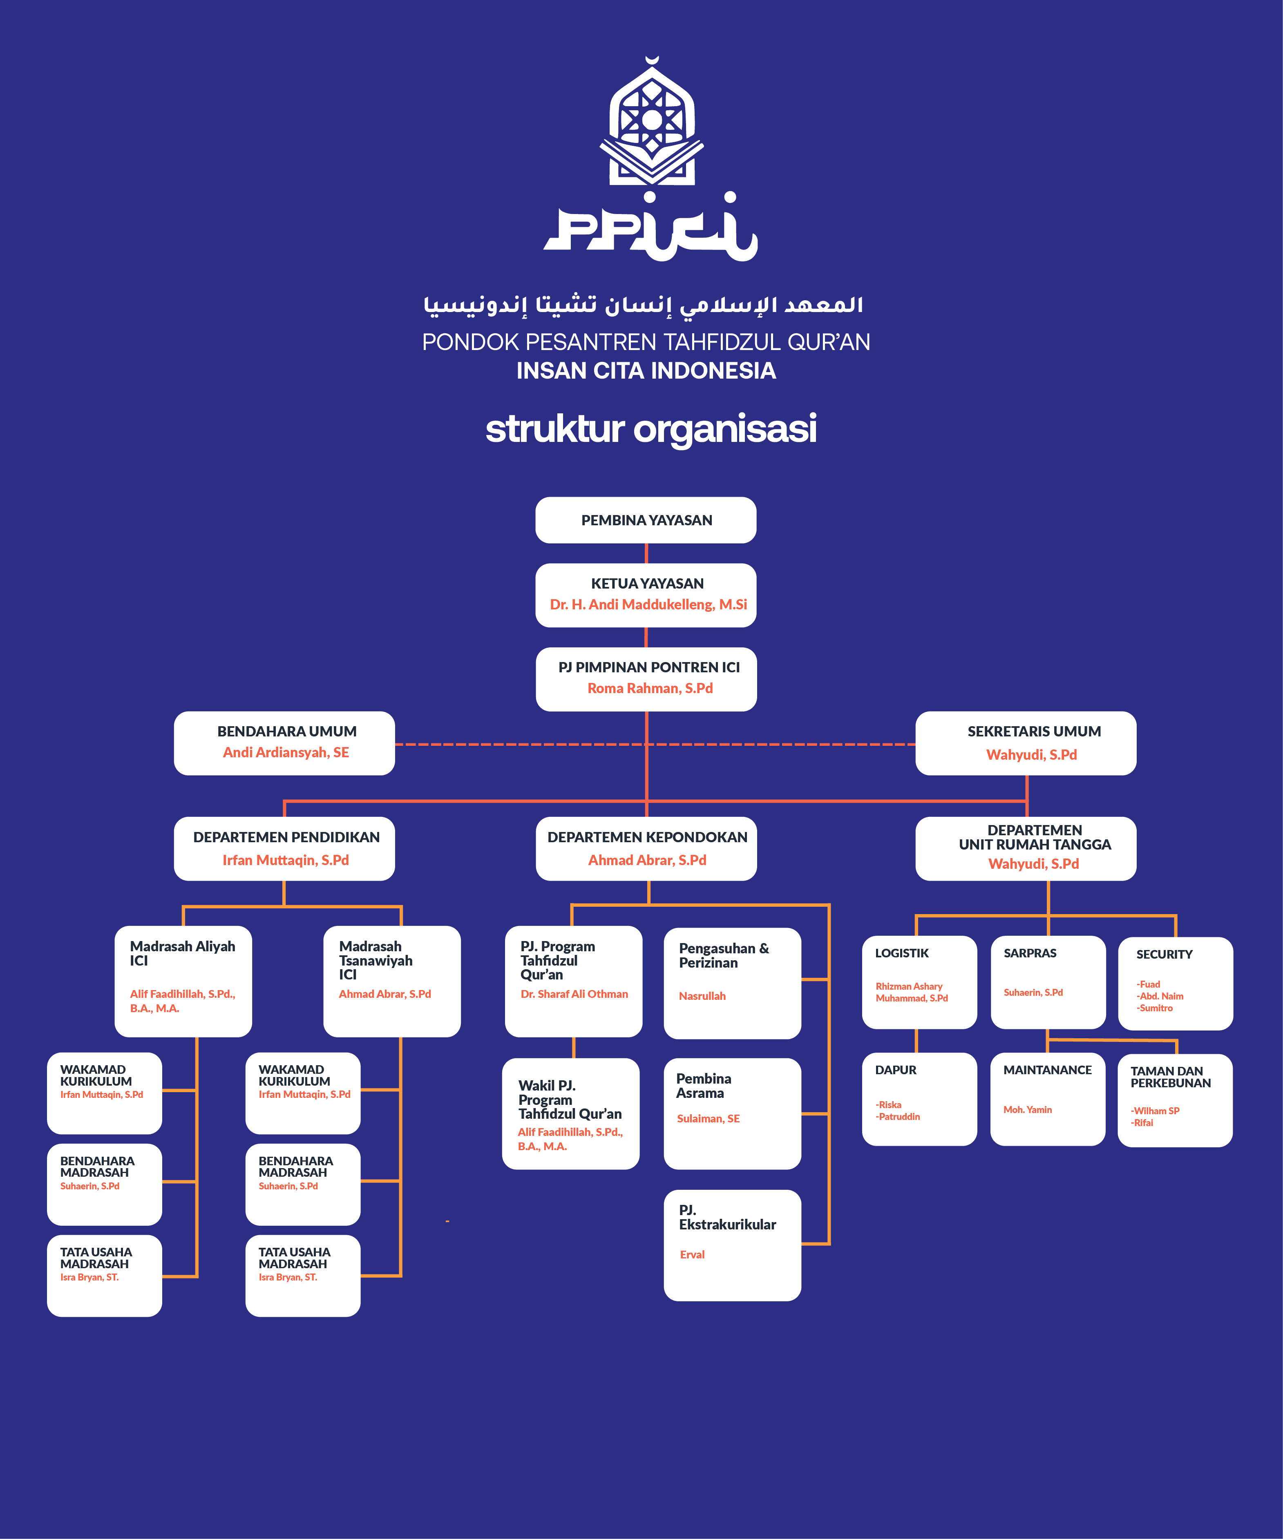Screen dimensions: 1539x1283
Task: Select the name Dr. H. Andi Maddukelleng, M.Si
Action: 648,604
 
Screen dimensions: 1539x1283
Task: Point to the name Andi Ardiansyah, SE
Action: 286,753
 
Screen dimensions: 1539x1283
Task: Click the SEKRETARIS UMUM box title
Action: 1034,732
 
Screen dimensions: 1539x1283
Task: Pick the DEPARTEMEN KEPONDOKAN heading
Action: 647,837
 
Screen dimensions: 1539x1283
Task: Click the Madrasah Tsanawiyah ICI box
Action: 391,981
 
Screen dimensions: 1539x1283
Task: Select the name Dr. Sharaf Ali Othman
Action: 574,994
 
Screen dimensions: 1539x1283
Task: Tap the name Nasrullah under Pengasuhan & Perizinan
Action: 702,996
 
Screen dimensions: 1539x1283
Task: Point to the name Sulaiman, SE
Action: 708,1118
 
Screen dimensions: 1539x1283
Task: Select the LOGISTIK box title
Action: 902,953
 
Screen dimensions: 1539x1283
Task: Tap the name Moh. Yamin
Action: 1027,1110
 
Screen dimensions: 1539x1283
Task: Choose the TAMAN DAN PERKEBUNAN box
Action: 1174,1099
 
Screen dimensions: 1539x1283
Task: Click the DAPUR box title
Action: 895,1070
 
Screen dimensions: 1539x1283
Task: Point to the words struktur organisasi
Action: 650,429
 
